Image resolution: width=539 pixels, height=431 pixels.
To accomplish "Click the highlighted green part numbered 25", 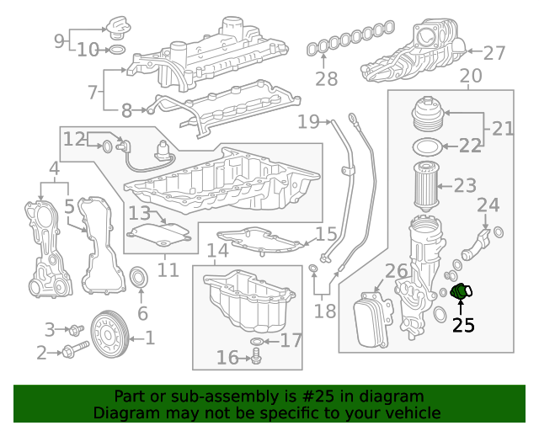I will (x=461, y=292).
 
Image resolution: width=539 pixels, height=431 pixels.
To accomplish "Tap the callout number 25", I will (x=463, y=326).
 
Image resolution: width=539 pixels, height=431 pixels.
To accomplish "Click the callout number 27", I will (x=494, y=53).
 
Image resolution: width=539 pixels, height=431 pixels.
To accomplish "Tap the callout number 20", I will (x=471, y=76).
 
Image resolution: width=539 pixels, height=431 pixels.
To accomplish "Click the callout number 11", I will (x=168, y=270).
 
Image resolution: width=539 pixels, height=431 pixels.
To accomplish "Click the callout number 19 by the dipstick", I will (x=307, y=122).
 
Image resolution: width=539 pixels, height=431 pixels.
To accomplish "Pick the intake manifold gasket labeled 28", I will (x=347, y=40).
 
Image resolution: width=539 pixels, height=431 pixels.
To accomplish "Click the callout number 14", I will (x=217, y=251).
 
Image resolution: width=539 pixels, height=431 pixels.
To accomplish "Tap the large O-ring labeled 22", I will (x=426, y=147).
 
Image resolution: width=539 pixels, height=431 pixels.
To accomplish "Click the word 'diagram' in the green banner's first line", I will (x=395, y=396).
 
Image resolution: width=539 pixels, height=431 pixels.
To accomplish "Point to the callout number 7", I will (x=93, y=92).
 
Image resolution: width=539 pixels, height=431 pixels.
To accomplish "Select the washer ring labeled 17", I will (x=259, y=341).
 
